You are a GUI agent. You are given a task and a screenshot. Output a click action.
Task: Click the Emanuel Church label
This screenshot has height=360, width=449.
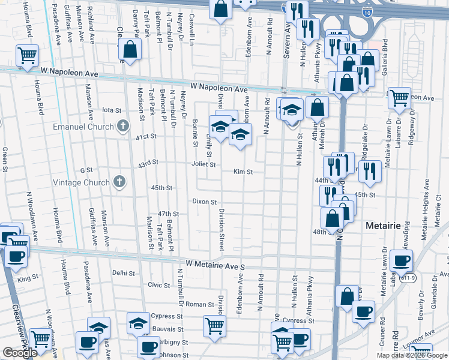pos(83,127)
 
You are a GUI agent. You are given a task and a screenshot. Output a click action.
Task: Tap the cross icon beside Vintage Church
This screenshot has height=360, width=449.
pos(119,182)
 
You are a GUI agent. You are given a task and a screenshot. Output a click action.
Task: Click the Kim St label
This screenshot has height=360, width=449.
pos(243,172)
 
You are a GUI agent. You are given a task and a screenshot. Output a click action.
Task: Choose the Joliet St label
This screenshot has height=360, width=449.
pos(204,163)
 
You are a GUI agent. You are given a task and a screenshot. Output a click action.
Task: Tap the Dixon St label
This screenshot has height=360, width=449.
pos(204,202)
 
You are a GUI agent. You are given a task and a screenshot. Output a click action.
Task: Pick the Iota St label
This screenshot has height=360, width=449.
pos(112,110)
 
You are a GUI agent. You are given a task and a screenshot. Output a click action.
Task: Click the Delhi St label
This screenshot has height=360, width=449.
pos(124,273)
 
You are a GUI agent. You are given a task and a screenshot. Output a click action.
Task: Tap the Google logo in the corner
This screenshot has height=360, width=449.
pos(20,353)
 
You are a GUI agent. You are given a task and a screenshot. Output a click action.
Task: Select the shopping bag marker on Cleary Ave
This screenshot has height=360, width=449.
pos(130,50)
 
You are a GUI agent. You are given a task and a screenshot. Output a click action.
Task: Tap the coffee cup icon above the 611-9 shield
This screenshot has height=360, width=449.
pos(401,260)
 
